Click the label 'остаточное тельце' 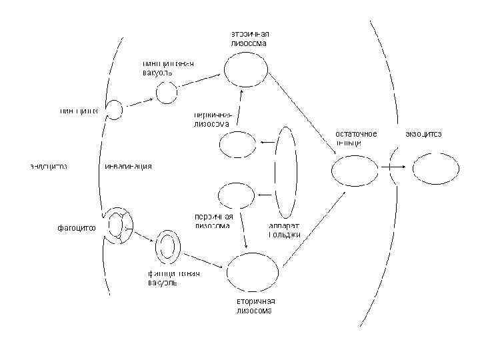click(355, 139)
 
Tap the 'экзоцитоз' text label click(423, 134)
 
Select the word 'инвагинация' click(129, 166)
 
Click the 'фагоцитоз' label click(75, 228)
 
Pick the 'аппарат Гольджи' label click(285, 230)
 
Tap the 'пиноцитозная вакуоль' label click(167, 67)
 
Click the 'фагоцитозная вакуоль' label click(174, 277)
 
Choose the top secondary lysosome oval click(249, 68)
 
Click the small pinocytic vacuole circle click(167, 93)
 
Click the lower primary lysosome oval click(237, 195)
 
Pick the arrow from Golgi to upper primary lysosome click(267, 143)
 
